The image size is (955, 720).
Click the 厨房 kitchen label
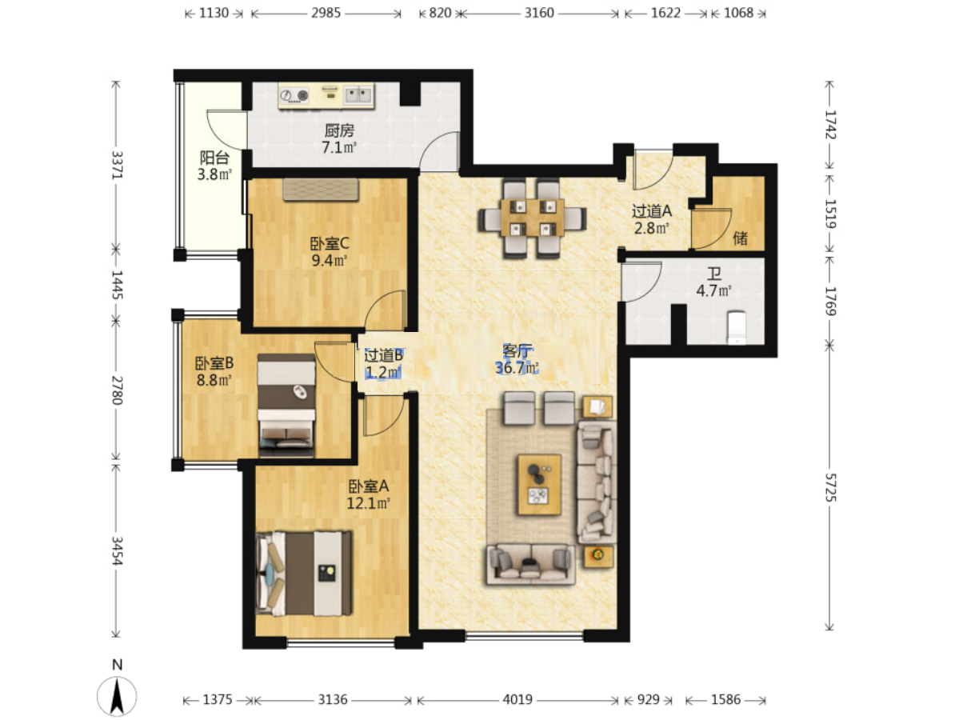(339, 130)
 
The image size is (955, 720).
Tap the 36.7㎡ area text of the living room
(517, 368)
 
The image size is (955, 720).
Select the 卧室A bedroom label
(369, 486)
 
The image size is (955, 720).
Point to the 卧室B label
(214, 363)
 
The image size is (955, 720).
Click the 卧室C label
(330, 244)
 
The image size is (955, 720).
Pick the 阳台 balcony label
(214, 158)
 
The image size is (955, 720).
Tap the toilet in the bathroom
(737, 327)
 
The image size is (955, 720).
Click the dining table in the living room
(533, 218)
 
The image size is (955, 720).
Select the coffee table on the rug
(539, 484)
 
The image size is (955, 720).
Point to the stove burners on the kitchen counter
(294, 95)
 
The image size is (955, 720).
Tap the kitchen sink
(358, 95)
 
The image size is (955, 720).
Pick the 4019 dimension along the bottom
(517, 700)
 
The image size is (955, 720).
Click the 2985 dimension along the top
(326, 13)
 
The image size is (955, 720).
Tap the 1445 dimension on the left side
(117, 285)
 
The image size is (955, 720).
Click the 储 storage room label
(740, 238)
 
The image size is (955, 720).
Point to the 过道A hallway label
(652, 210)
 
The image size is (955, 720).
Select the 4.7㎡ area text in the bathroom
(713, 290)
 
